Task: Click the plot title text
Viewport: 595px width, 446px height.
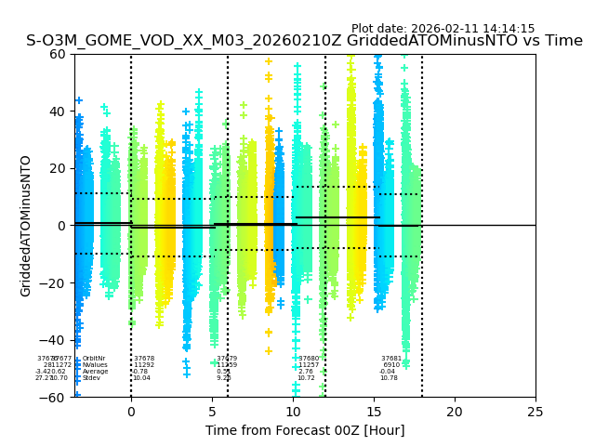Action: [x=304, y=41]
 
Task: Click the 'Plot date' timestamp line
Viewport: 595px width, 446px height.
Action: [x=443, y=29]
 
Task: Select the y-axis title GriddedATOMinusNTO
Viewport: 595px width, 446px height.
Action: [x=26, y=226]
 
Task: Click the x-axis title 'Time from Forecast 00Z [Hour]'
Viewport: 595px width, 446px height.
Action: [x=305, y=430]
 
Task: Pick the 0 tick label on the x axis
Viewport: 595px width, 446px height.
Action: [x=131, y=412]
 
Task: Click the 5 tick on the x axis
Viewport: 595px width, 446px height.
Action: [x=212, y=412]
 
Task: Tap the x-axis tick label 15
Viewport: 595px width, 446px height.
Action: [x=374, y=412]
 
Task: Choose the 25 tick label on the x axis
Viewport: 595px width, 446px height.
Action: [x=535, y=412]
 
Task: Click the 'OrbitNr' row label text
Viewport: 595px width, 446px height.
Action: [x=94, y=359]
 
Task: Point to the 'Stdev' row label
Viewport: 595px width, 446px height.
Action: [x=91, y=378]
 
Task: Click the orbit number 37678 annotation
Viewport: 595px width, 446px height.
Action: [x=144, y=359]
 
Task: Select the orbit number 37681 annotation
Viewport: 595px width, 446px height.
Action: [x=391, y=359]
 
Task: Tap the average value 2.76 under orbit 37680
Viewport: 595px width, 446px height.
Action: [x=306, y=372]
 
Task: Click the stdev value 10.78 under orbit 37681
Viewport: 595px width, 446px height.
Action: [x=389, y=378]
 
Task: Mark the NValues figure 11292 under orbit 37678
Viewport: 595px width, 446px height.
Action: [x=144, y=365]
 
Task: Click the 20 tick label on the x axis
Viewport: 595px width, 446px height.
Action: [x=455, y=412]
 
